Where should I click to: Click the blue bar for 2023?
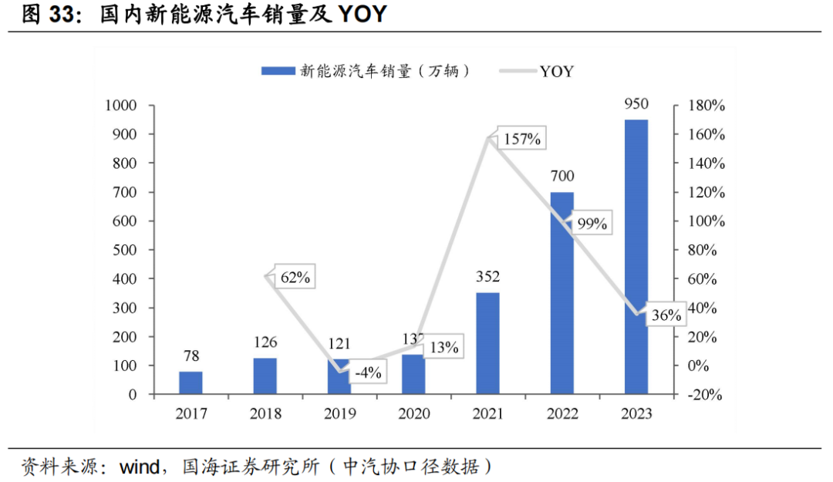(x=636, y=257)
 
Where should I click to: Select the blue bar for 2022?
(x=562, y=293)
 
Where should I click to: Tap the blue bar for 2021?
(x=487, y=343)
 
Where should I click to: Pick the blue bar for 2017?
(x=191, y=383)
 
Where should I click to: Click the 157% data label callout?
(x=522, y=140)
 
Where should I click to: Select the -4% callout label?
(x=369, y=372)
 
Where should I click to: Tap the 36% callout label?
(x=666, y=315)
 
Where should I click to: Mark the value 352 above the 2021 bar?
(x=487, y=277)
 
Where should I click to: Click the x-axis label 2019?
(x=339, y=414)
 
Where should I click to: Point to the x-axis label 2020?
(x=413, y=414)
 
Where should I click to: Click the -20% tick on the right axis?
(x=703, y=395)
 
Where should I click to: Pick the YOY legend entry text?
(x=556, y=71)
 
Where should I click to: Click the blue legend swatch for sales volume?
(x=278, y=71)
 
